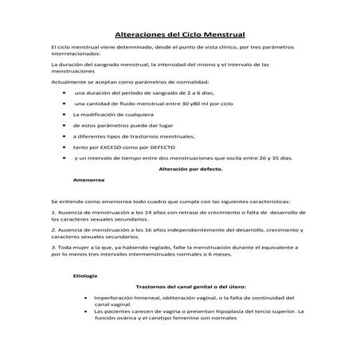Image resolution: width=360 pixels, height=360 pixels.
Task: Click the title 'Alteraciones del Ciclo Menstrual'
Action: (180, 35)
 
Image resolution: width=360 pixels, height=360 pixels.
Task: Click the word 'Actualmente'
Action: (65, 82)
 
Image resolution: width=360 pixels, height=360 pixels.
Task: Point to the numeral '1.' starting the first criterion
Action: (53, 213)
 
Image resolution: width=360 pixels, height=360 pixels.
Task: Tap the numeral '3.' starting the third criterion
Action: (53, 247)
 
